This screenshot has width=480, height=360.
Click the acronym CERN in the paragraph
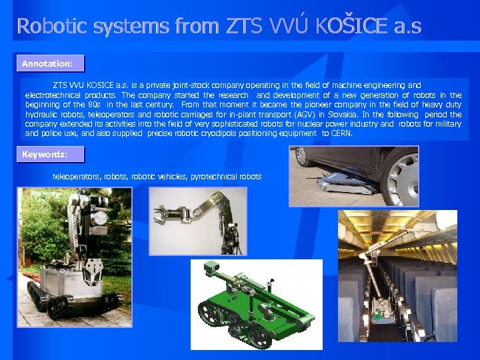(x=341, y=133)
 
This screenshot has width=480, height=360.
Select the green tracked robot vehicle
(x=256, y=303)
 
